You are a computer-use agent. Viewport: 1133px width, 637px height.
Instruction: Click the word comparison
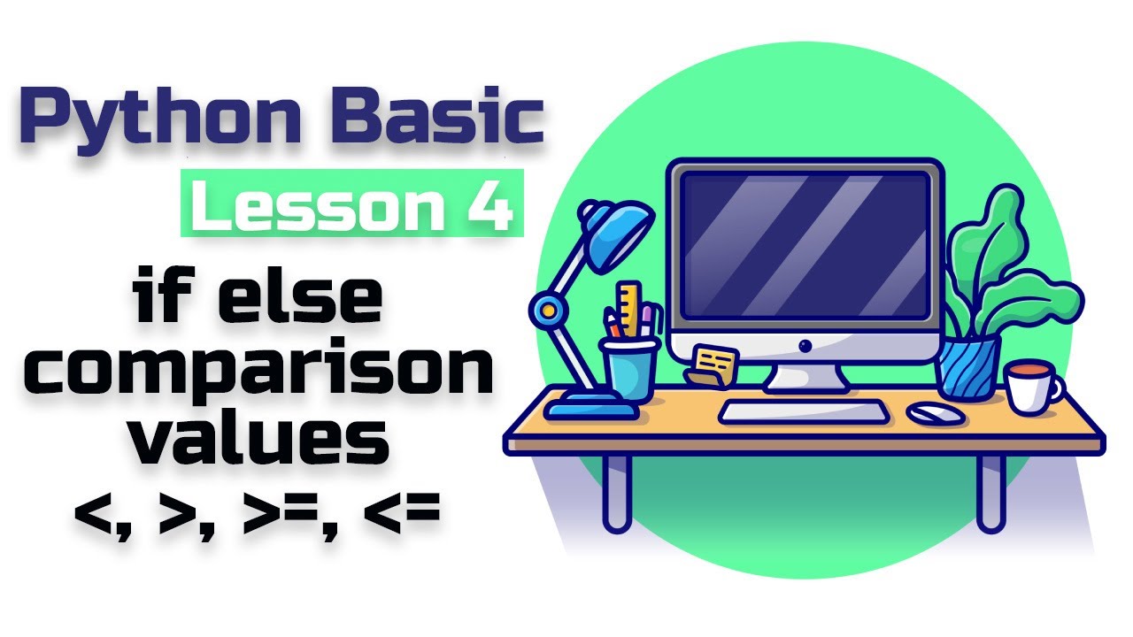(x=258, y=369)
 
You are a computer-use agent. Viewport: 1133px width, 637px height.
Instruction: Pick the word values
(x=260, y=436)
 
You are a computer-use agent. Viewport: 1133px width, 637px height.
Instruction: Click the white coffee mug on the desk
(x=1033, y=387)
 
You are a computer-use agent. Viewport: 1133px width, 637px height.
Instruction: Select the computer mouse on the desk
(x=936, y=413)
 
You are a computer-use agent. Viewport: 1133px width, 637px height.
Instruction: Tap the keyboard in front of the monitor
(x=803, y=411)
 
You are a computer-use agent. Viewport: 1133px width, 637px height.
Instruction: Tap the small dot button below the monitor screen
(x=805, y=346)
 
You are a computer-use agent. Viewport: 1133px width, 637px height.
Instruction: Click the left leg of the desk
(x=618, y=493)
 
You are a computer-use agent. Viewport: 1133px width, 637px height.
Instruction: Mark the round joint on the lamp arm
(x=548, y=309)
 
